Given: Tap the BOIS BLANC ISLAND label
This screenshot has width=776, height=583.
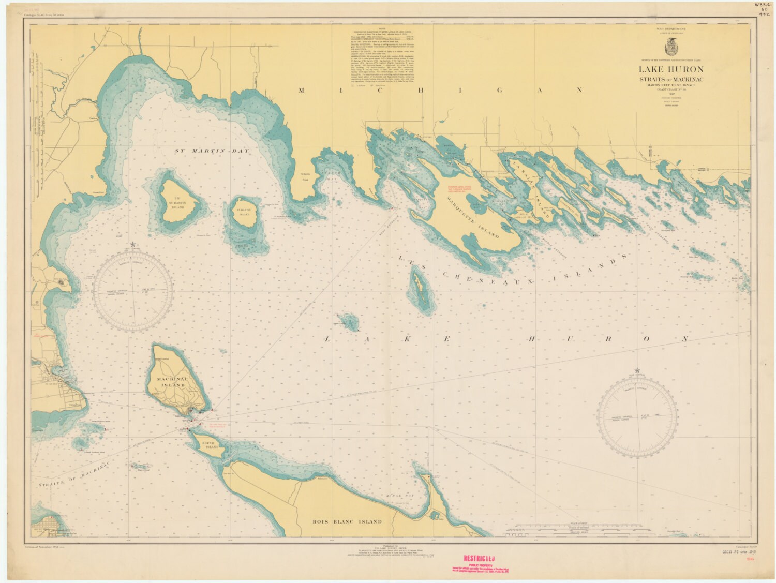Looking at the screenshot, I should point(348,521).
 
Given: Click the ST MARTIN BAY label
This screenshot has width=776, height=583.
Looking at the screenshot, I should point(211,151).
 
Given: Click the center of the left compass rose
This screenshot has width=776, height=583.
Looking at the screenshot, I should point(136,293).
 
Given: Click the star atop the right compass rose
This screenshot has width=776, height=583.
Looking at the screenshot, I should point(637,370).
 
